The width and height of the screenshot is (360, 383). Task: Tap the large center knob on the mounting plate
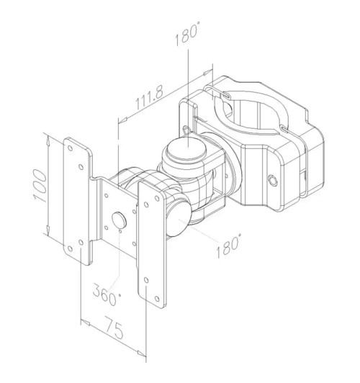(x=120, y=220)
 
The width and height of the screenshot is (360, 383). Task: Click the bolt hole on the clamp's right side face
(x=273, y=180)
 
